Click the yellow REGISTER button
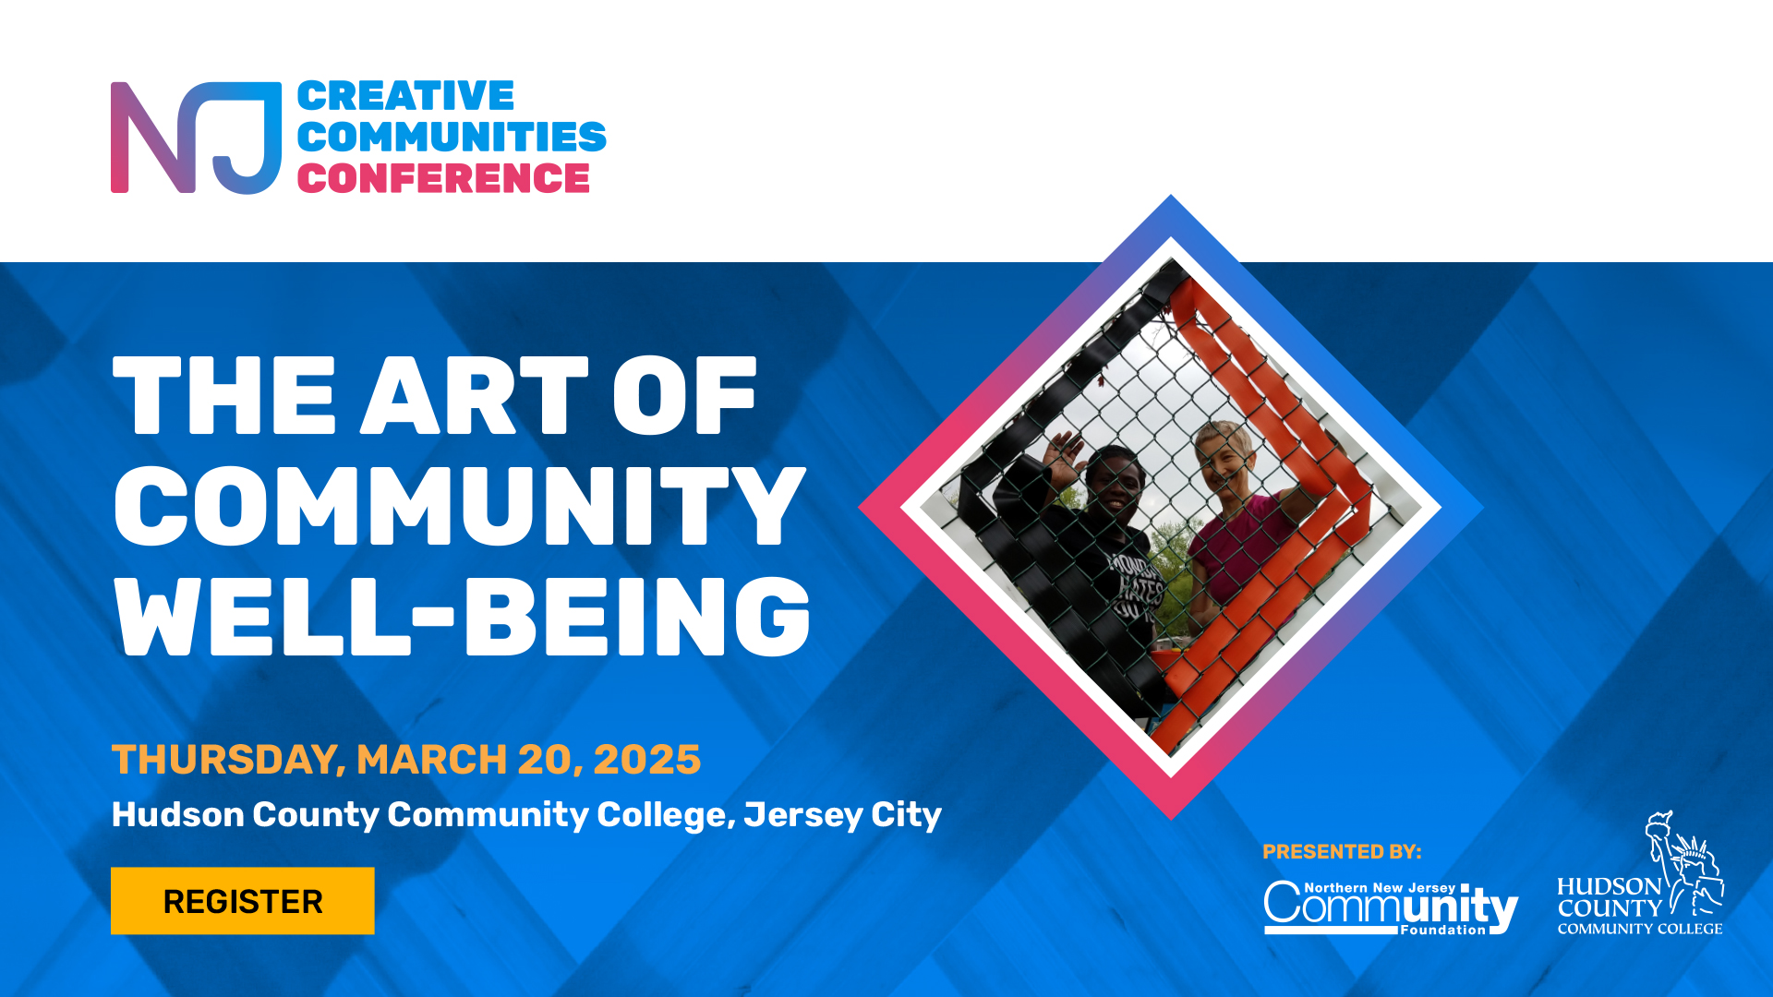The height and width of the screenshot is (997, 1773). pos(243,901)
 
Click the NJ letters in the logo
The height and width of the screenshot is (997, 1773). pos(196,138)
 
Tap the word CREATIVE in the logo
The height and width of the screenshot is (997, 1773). pos(405,96)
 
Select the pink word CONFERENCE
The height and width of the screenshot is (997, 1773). pos(443,178)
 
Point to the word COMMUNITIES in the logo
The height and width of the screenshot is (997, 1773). pos(452,137)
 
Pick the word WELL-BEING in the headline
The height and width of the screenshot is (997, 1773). pos(462,616)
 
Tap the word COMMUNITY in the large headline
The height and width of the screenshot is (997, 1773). pos(460,506)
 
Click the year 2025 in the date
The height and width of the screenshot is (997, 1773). pos(647,760)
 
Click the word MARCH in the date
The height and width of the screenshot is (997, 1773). pos(432,760)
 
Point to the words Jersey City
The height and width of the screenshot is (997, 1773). pos(842,815)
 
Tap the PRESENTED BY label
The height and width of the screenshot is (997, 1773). pos(1342,852)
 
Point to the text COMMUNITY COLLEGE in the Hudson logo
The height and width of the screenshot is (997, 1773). pos(1640,929)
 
